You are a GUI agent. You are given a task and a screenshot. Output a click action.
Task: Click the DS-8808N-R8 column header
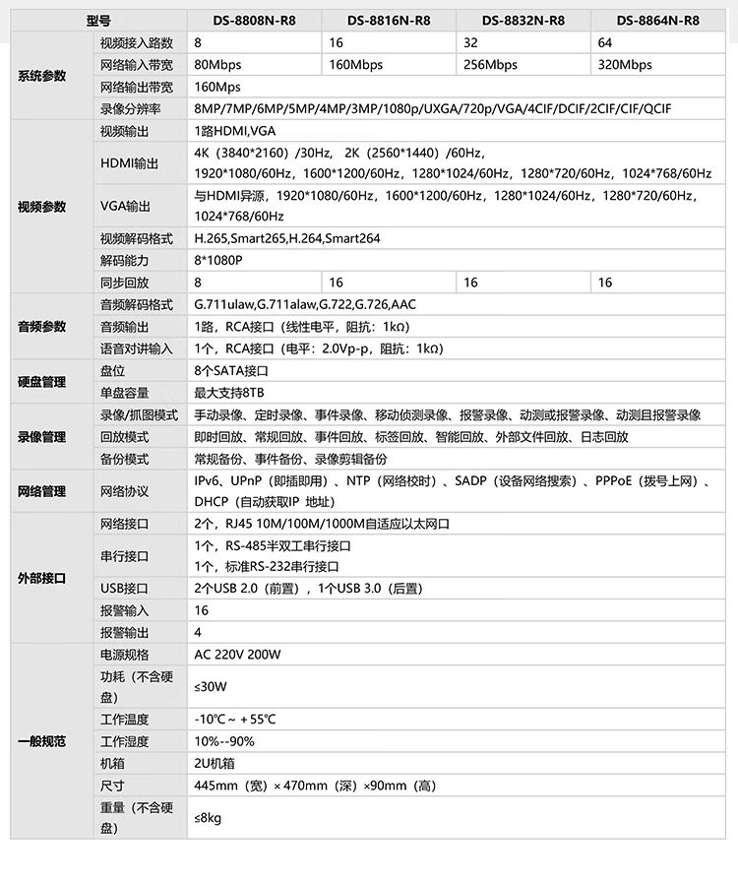[x=254, y=21]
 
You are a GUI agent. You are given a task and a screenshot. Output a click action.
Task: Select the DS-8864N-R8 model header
[x=657, y=21]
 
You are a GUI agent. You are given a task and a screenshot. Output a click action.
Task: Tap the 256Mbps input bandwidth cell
[x=490, y=65]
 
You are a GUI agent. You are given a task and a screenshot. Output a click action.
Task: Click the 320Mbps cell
[x=625, y=65]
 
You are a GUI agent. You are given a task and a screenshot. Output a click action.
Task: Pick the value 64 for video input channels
[x=604, y=43]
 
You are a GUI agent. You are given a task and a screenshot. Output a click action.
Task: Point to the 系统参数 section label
[x=42, y=76]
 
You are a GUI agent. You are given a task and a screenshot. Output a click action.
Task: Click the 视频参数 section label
[x=42, y=207]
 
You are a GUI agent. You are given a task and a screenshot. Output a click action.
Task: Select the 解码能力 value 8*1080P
[x=218, y=260]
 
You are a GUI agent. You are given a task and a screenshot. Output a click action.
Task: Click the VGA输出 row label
[x=126, y=207]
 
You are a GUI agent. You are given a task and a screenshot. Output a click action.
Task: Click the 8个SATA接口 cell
[x=231, y=371]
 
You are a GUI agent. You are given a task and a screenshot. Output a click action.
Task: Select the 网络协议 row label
[x=124, y=491]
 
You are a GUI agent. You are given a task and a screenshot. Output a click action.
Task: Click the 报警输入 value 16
[x=202, y=610]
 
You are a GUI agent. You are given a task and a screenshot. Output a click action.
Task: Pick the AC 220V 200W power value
[x=237, y=655]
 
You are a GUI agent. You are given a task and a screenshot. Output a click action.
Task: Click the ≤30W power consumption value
[x=210, y=686]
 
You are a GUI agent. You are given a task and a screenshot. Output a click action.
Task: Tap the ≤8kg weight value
[x=208, y=817]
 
